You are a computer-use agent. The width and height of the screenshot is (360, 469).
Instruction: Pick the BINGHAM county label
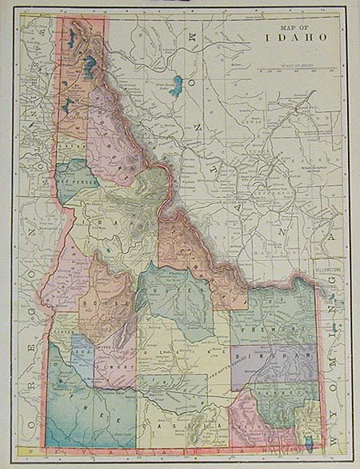coord(276,355)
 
